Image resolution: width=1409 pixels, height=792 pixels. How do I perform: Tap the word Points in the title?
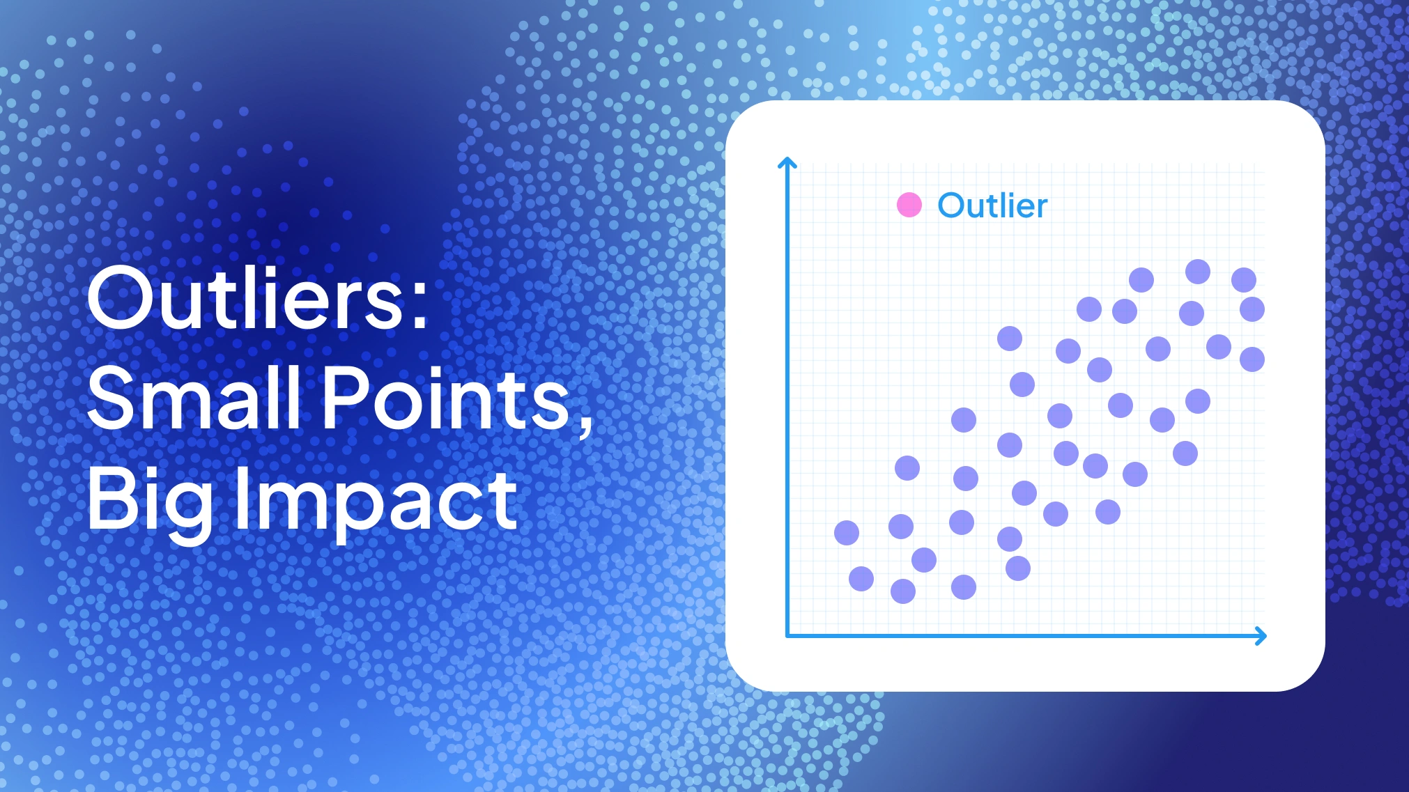click(446, 398)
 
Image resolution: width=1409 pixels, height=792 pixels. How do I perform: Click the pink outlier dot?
click(909, 205)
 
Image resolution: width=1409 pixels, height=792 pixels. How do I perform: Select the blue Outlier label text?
click(992, 206)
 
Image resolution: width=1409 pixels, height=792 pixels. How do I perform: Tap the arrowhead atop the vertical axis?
click(787, 163)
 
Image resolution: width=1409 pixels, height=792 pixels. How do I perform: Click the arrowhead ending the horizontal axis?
click(1261, 635)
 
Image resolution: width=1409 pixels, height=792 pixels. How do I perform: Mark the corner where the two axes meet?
click(787, 635)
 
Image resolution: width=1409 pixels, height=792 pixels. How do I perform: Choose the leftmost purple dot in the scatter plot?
click(847, 533)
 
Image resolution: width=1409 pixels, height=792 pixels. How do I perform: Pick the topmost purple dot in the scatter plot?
click(1198, 271)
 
